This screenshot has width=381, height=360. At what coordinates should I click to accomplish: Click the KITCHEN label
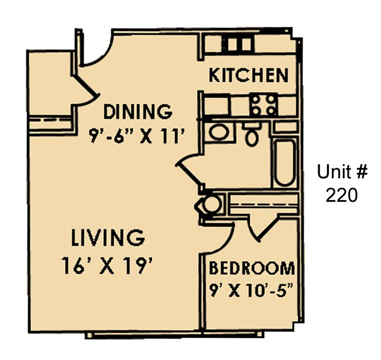coord(249,75)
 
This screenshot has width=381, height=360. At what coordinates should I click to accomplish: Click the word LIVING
coord(107,239)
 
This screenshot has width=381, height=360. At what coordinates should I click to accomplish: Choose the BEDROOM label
coord(251,269)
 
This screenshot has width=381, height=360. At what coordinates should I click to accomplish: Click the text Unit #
coord(342,172)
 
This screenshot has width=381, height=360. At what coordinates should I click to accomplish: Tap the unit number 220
coord(341,195)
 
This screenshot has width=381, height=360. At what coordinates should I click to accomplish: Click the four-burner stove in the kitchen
coord(263,106)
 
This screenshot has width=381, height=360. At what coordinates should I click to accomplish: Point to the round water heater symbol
coord(211,204)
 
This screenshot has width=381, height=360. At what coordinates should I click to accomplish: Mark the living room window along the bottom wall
coord(173,335)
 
